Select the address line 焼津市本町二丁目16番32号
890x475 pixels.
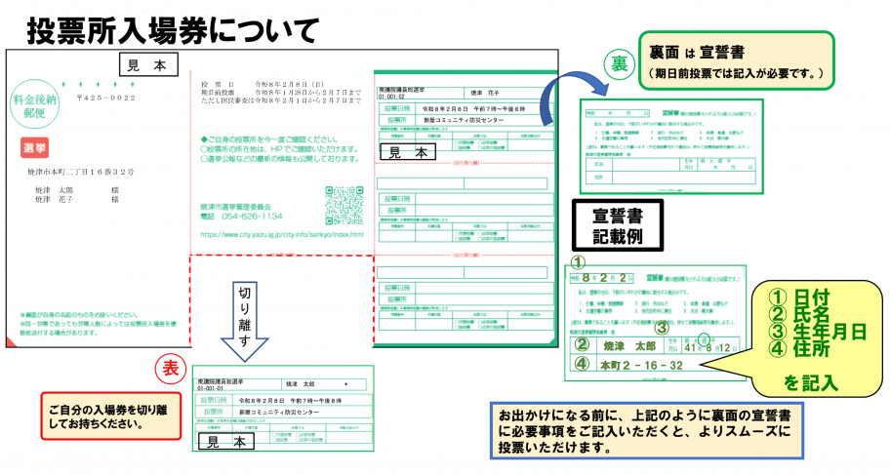[x=80, y=172]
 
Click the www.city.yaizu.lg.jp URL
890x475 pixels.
[x=281, y=234]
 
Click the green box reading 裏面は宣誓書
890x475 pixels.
[x=736, y=58]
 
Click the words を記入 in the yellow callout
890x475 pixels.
[x=810, y=381]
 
